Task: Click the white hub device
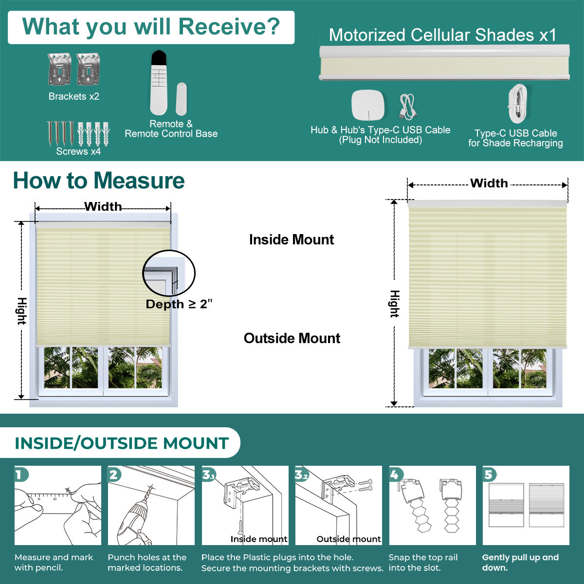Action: tap(368, 105)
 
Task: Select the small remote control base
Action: tap(181, 99)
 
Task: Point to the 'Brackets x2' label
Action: tap(73, 96)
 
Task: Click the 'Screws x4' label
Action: tap(78, 151)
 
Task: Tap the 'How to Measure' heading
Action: tap(99, 181)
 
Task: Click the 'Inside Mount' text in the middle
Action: tap(292, 239)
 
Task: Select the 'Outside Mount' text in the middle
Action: tap(292, 338)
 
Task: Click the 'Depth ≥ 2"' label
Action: tap(179, 304)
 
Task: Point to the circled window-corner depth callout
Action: tap(168, 274)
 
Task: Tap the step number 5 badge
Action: tap(488, 474)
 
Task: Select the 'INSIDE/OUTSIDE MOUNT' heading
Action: tap(122, 443)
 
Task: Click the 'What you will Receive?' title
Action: tap(151, 27)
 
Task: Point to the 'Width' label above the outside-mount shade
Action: tap(489, 183)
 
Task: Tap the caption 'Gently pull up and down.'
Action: tap(520, 563)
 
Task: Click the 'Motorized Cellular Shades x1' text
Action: tap(442, 35)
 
